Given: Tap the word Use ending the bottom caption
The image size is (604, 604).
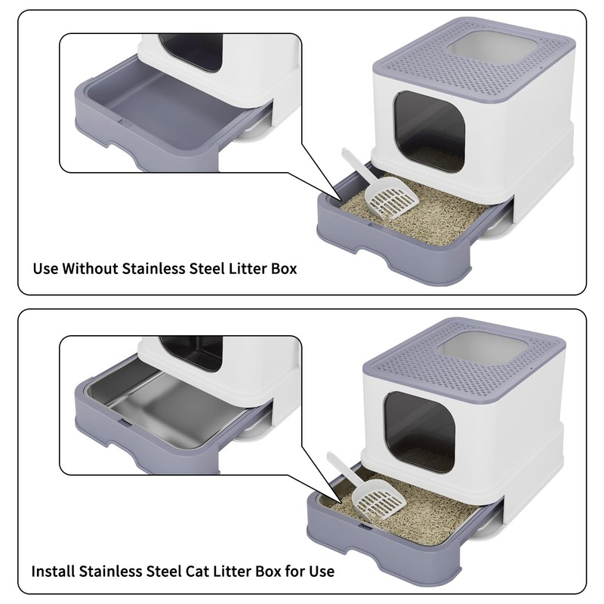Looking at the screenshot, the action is coord(320,571).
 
